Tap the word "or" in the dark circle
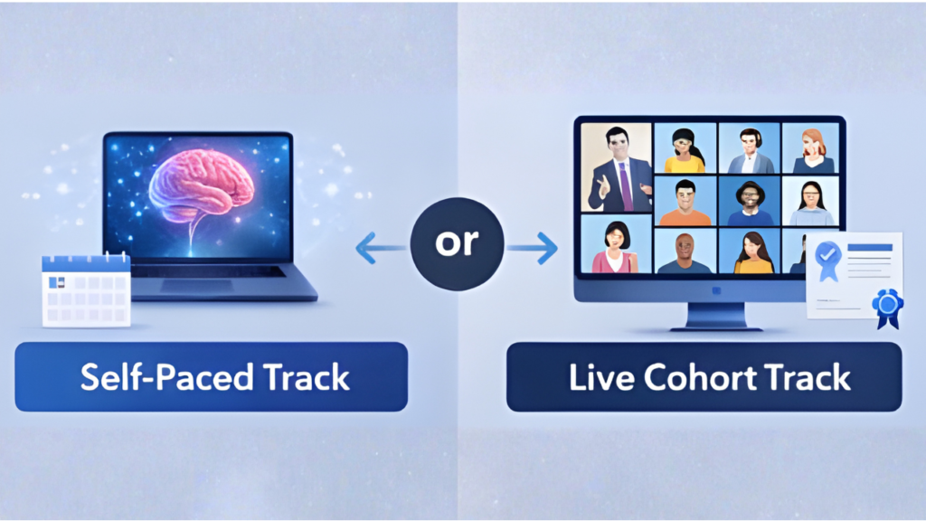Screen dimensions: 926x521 457,242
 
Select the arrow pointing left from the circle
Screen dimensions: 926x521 382,248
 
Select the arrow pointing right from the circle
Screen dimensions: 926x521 532,248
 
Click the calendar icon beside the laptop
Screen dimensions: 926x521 86,289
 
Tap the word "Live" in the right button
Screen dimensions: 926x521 602,377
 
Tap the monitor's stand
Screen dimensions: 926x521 716,316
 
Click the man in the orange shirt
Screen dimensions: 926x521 685,204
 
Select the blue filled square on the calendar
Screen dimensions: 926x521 57,282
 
